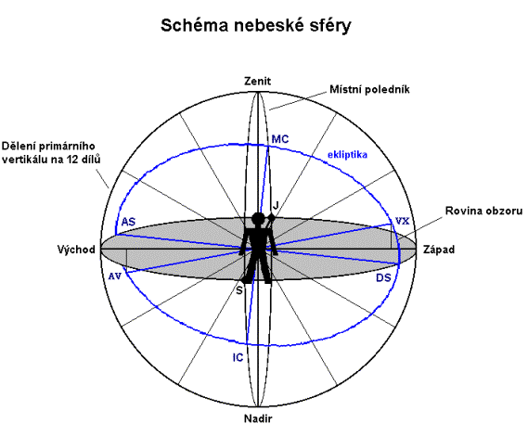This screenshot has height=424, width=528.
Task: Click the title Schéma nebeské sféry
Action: click(255, 26)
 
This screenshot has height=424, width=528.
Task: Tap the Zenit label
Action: click(258, 81)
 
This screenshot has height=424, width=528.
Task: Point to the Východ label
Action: click(76, 250)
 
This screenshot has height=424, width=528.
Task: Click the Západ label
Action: click(439, 250)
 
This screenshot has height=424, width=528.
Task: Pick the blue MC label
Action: click(280, 139)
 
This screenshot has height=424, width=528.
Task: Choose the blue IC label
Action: click(238, 357)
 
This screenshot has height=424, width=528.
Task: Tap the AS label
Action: click(128, 222)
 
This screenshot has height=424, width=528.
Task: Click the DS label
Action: click(383, 277)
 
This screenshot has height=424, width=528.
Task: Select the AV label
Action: click(115, 276)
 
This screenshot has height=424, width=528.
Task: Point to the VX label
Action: click(403, 221)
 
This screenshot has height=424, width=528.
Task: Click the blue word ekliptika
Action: click(347, 155)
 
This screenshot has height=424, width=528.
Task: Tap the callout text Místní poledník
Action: click(369, 89)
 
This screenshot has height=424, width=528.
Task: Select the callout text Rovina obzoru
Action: click(483, 211)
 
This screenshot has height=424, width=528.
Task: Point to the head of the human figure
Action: click(258, 219)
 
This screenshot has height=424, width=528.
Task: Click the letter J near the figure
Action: click(276, 205)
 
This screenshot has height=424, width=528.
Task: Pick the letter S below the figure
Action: click(239, 290)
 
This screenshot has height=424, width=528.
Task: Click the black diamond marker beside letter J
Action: click(271, 219)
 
